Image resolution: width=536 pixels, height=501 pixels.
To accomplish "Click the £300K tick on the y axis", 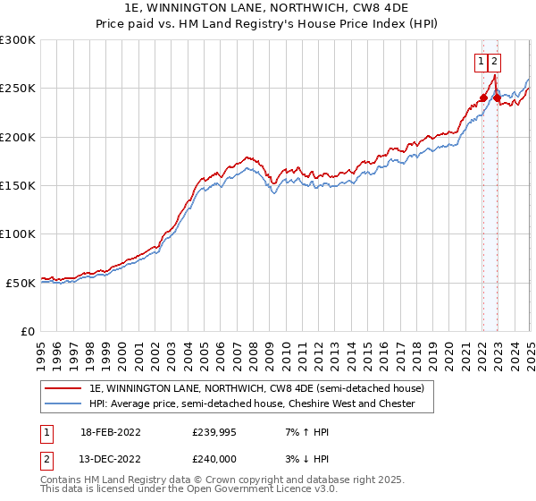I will pyautogui.click(x=18, y=40).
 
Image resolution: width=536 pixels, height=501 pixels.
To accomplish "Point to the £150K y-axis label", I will pyautogui.click(x=18, y=186).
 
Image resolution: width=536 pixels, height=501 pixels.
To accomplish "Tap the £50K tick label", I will pyautogui.click(x=21, y=283).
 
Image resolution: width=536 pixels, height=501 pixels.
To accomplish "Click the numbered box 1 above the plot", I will pyautogui.click(x=482, y=62).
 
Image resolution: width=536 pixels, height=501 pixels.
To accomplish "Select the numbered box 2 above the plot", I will pyautogui.click(x=494, y=62).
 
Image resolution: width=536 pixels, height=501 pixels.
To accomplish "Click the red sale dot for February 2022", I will pyautogui.click(x=483, y=98).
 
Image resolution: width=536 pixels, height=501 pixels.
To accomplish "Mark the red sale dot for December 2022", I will pyautogui.click(x=497, y=98).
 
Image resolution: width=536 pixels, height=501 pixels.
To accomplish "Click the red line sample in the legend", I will pyautogui.click(x=63, y=389).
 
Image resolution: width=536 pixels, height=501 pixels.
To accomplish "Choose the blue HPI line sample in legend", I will pyautogui.click(x=63, y=403).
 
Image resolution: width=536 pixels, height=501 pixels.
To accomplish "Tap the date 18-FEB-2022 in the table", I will pyautogui.click(x=110, y=432).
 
